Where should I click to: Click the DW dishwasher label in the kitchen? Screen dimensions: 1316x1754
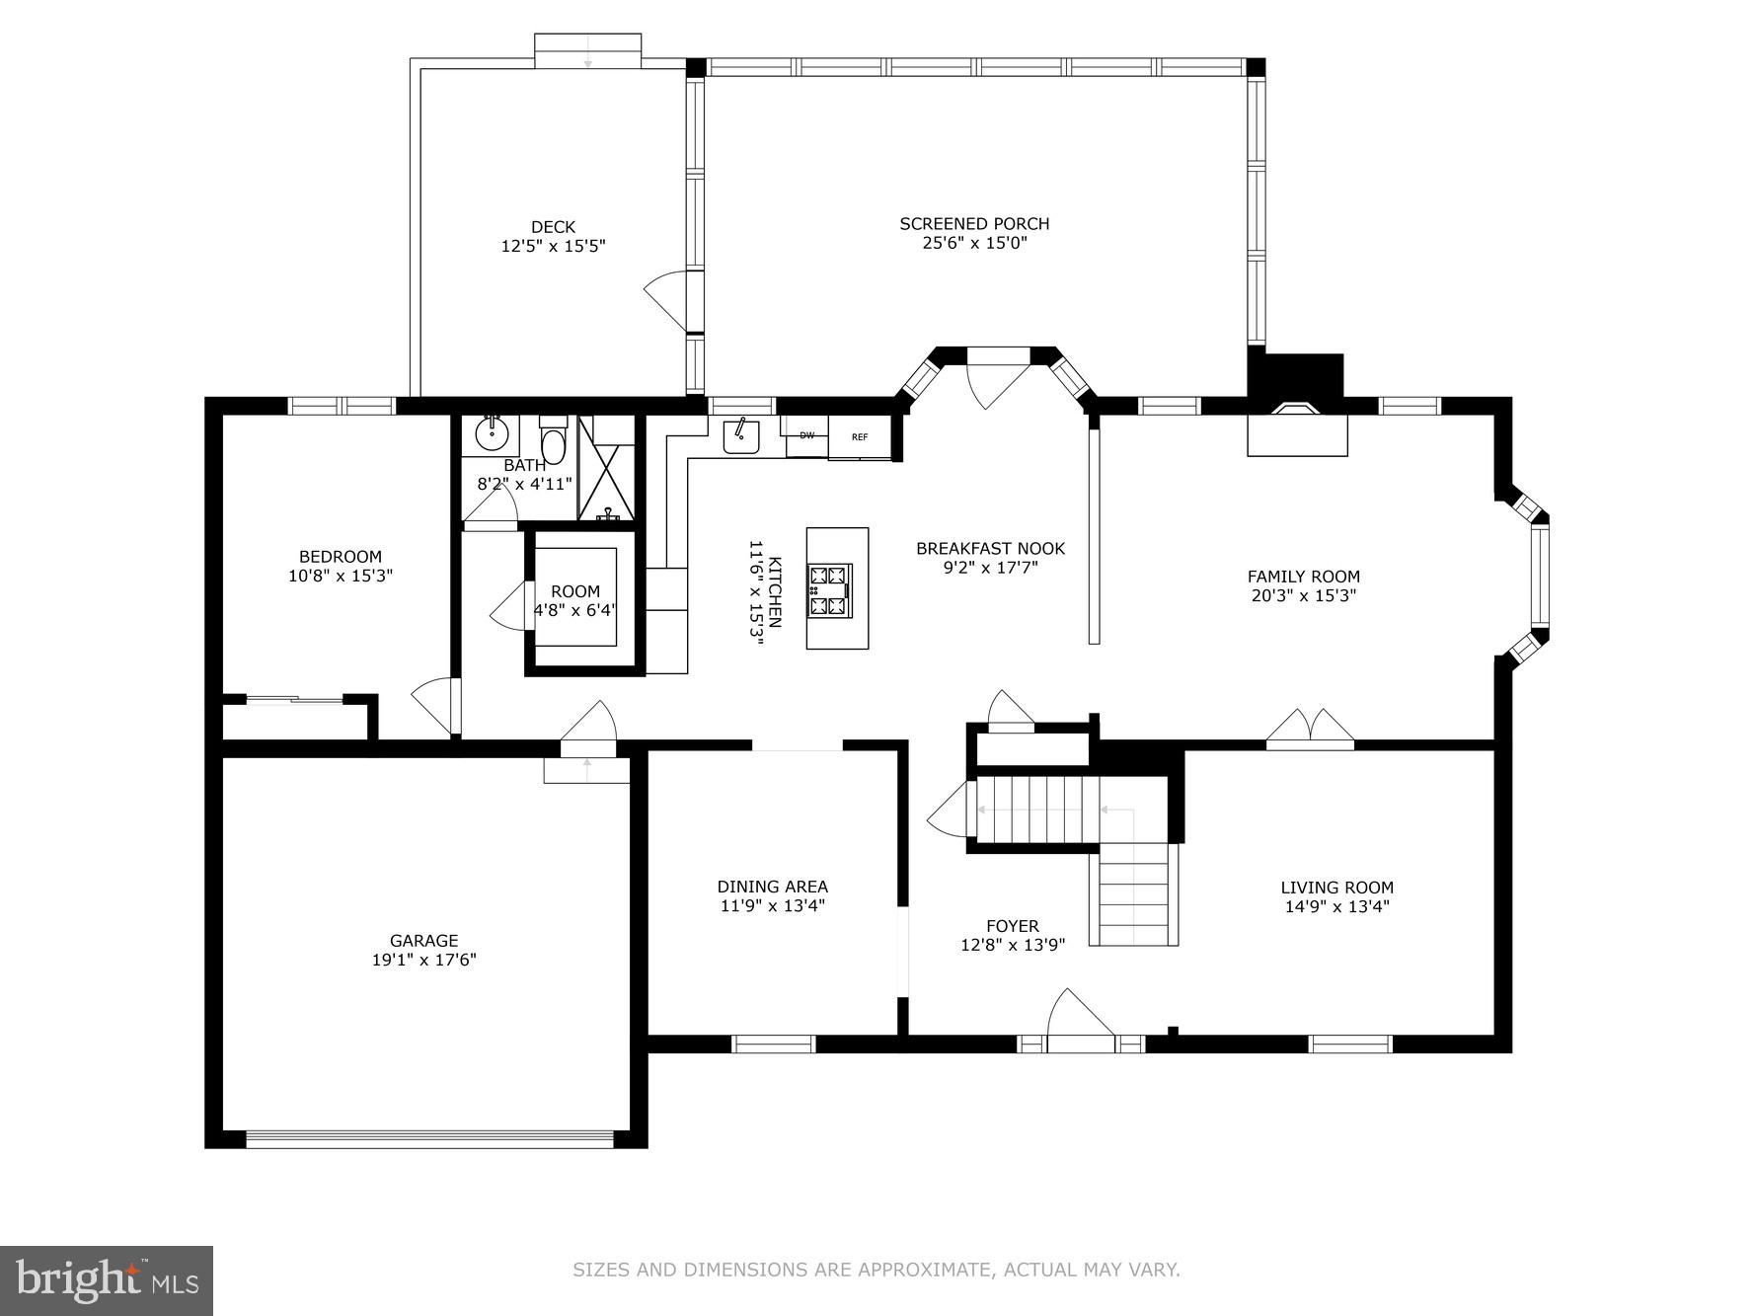pos(806,435)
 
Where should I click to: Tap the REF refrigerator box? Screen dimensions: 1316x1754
pos(860,436)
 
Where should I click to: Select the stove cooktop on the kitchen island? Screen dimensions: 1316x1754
pos(829,590)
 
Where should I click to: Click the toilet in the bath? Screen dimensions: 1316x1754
pos(553,442)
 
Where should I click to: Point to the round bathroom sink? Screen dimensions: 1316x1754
pos(491,432)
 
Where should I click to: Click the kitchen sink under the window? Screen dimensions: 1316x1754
pos(740,435)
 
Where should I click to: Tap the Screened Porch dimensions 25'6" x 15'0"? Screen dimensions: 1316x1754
pos(974,243)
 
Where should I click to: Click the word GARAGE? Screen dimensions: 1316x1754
pos(423,941)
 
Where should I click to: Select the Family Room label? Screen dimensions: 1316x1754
pos(1303,577)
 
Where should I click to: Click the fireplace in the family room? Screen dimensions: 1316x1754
pos(1297,429)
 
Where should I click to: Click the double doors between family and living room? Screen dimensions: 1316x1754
pos(1310,728)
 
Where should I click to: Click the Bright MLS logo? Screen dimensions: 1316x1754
pos(107,1280)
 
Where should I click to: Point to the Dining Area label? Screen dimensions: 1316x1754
pos(772,887)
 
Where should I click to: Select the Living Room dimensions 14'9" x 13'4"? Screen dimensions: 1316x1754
pos(1336,906)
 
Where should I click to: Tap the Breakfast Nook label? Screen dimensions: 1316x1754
pos(990,549)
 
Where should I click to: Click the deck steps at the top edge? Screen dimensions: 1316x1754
pos(587,50)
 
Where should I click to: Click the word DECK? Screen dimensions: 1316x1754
pos(553,227)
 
